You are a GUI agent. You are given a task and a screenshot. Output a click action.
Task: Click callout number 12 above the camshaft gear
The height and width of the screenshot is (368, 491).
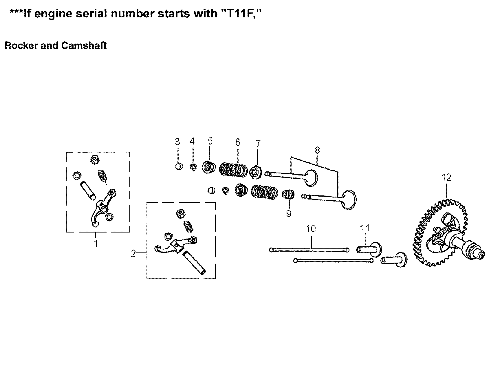point(446,177)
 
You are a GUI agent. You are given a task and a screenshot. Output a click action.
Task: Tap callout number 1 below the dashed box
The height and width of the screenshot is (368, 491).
point(96,243)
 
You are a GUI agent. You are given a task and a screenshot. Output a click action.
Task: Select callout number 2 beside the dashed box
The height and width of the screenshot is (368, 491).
point(133,254)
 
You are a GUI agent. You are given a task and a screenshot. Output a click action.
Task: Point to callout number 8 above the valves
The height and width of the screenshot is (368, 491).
point(317,150)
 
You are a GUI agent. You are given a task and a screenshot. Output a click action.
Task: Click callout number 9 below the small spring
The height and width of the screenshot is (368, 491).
point(288,214)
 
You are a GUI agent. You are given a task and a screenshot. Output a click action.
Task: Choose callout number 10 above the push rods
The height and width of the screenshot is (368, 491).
point(311,229)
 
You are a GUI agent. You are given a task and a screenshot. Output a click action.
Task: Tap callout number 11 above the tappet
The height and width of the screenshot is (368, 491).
point(365,228)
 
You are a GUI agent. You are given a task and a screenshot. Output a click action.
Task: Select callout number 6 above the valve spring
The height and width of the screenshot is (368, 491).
point(238,142)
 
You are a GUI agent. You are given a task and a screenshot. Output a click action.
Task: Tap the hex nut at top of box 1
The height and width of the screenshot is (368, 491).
point(95,159)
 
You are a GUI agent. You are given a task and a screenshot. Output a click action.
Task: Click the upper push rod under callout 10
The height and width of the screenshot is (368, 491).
point(309,249)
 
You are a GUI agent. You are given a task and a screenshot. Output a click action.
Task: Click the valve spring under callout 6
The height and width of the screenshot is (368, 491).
point(233,170)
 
